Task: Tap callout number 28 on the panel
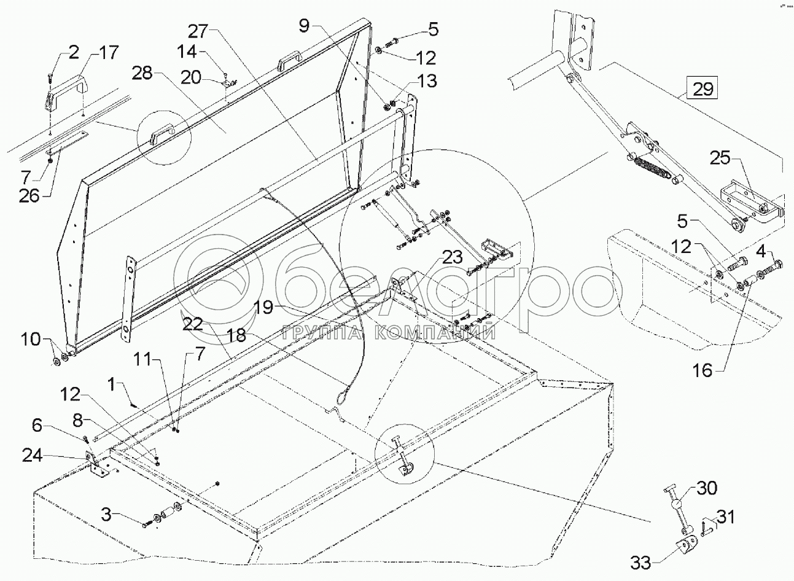(x=145, y=74)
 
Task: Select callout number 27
(x=199, y=32)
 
